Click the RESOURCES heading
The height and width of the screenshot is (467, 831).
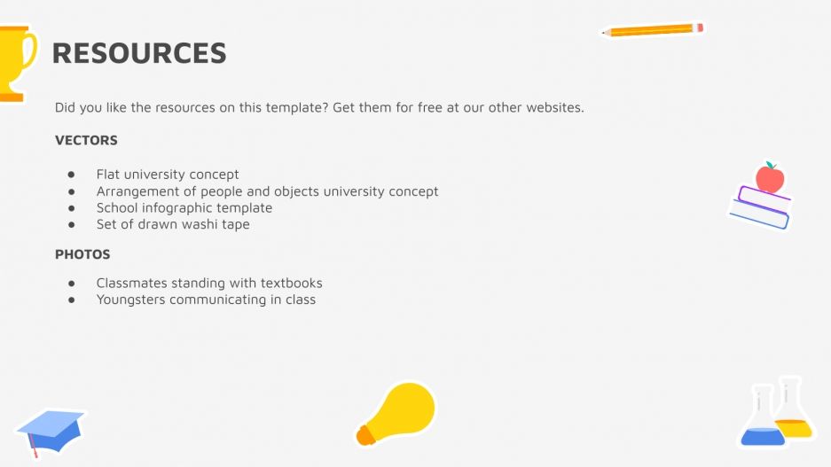pos(139,53)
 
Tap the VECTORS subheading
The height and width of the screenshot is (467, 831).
pos(86,140)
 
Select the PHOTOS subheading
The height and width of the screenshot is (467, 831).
pos(82,254)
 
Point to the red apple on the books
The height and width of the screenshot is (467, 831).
pos(769,178)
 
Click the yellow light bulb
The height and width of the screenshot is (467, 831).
pos(399,412)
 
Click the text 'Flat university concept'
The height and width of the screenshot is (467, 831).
pos(168,175)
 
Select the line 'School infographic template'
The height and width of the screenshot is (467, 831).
pos(184,207)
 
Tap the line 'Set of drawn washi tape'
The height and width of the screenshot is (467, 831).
pos(173,224)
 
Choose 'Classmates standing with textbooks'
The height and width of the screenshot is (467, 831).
pos(209,284)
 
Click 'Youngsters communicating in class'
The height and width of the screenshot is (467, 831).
pos(206,300)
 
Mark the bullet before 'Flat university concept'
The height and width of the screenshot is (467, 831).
pos(71,175)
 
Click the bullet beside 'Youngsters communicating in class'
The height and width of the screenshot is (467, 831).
pos(71,300)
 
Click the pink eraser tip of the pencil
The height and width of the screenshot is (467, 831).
pos(700,27)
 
